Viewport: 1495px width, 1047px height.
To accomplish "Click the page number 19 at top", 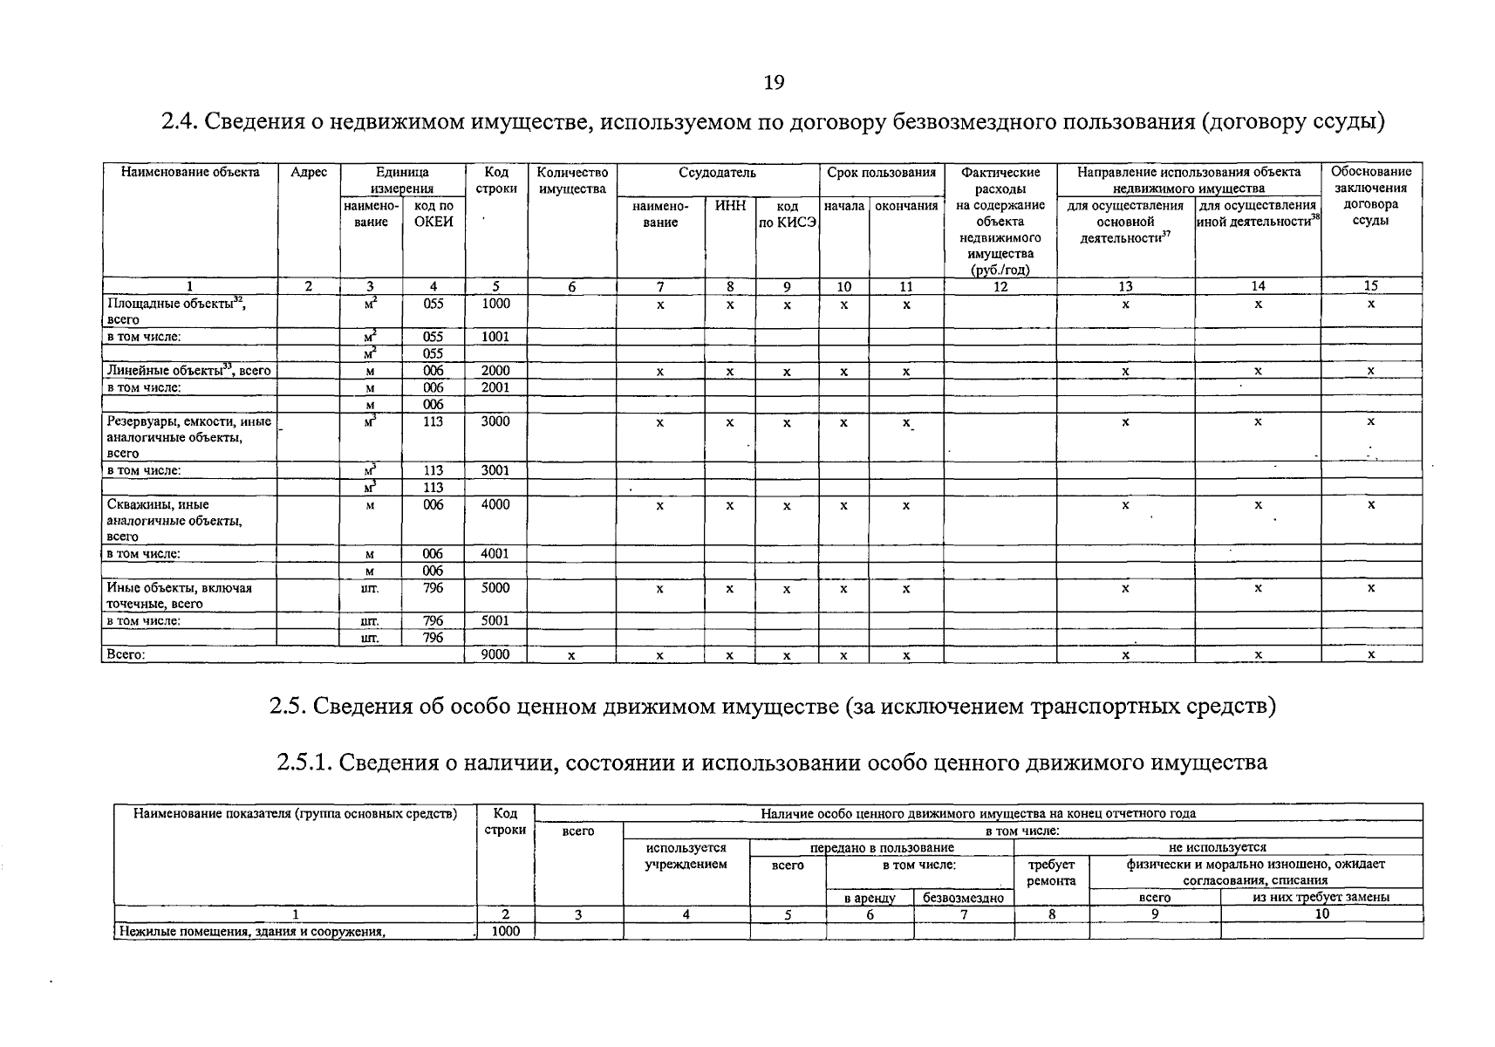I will [x=774, y=83].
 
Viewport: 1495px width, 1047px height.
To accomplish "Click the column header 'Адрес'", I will [x=309, y=173].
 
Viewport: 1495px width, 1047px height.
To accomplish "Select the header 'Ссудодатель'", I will [x=717, y=173].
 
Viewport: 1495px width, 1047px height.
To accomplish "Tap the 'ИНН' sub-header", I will [x=730, y=207].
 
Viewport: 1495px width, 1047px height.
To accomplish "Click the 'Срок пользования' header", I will [x=881, y=173].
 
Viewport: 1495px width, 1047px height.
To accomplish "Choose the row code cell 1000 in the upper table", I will [x=495, y=304].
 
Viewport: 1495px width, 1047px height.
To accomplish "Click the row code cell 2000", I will [x=495, y=371].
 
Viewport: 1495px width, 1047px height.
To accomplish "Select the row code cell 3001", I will [x=495, y=470].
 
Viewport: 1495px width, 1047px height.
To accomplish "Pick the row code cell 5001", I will [x=495, y=621].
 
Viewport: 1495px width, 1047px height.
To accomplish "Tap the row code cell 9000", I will [x=495, y=654].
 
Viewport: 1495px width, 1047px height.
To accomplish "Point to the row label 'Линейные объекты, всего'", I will [x=188, y=371].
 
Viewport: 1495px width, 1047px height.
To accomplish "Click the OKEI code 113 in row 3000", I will [x=433, y=421].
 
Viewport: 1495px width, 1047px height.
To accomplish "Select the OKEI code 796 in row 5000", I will [x=433, y=588].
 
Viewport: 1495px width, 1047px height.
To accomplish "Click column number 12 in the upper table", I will [x=1000, y=286].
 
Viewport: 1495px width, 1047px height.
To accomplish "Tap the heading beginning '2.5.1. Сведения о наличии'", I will [x=772, y=763].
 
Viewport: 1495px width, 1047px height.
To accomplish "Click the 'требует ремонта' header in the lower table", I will [x=1051, y=872].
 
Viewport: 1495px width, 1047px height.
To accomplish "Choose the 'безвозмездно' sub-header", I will [x=963, y=898].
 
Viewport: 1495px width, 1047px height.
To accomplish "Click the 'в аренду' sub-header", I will [x=869, y=898].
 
